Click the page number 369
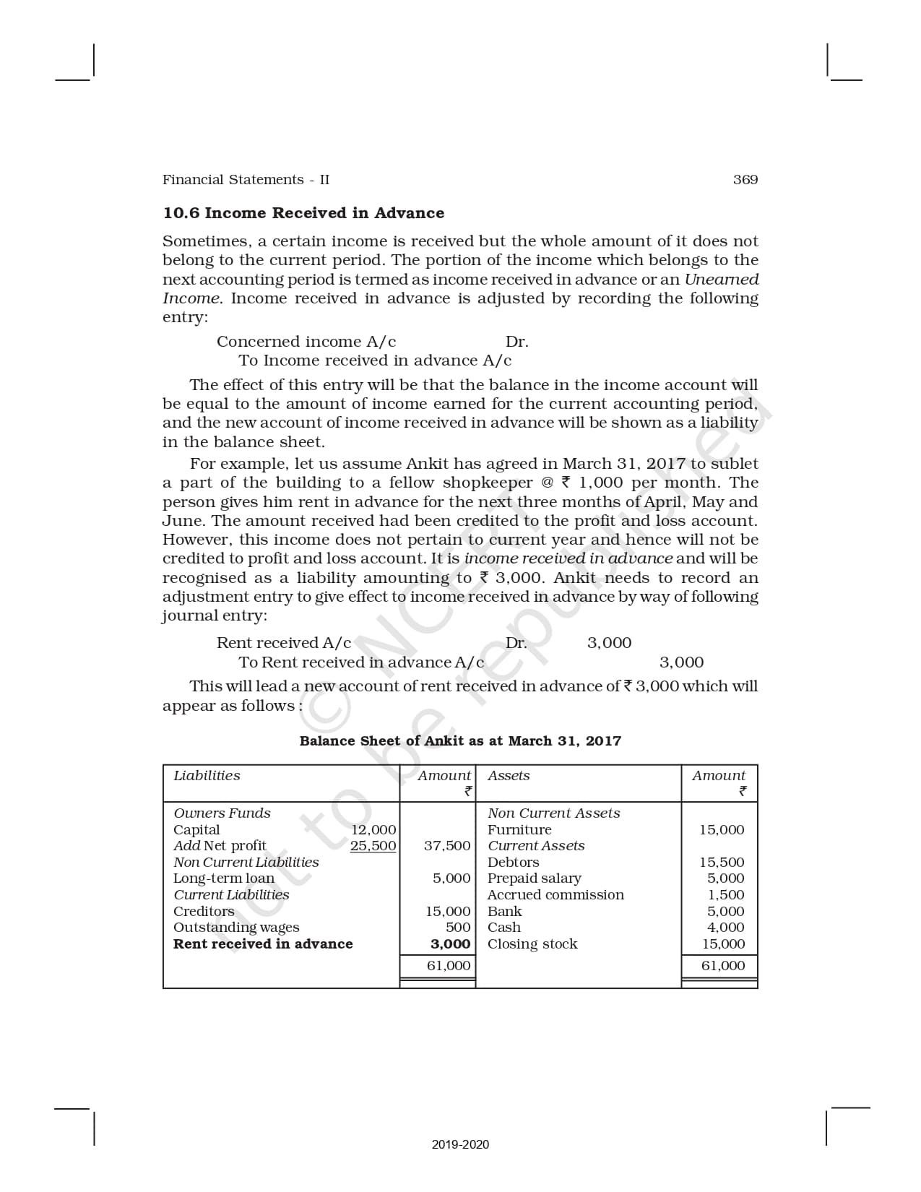click(745, 180)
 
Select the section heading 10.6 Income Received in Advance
click(303, 213)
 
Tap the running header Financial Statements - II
click(246, 180)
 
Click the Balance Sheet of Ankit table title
click(460, 740)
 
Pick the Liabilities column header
click(207, 776)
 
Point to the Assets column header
click(509, 776)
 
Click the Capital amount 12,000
click(373, 830)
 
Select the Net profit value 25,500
click(373, 846)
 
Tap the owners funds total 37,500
click(447, 846)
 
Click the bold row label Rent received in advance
click(263, 944)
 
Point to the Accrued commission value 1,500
click(726, 895)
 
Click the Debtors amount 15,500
click(722, 863)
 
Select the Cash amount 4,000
click(725, 928)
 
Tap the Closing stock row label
click(532, 944)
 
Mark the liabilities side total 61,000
click(448, 966)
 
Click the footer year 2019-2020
click(460, 1144)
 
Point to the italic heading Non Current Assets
click(553, 813)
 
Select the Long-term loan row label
click(224, 878)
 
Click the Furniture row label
click(519, 830)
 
